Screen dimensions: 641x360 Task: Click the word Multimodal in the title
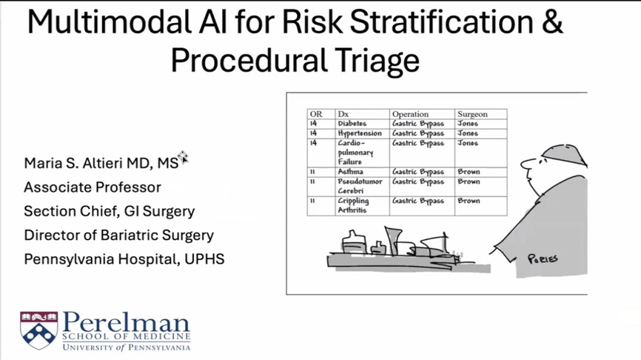(x=109, y=22)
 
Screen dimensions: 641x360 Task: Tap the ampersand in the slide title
(x=553, y=22)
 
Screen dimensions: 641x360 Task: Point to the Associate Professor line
(x=93, y=187)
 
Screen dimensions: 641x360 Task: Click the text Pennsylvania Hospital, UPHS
(x=124, y=259)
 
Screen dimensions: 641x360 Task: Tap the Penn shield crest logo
(x=38, y=330)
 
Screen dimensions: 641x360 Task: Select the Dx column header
(x=343, y=114)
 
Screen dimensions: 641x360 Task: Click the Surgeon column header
(x=472, y=114)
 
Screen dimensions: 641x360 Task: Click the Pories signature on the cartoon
(x=543, y=259)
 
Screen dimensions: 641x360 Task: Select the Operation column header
(x=411, y=114)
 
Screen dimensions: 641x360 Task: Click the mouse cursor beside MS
(x=183, y=156)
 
